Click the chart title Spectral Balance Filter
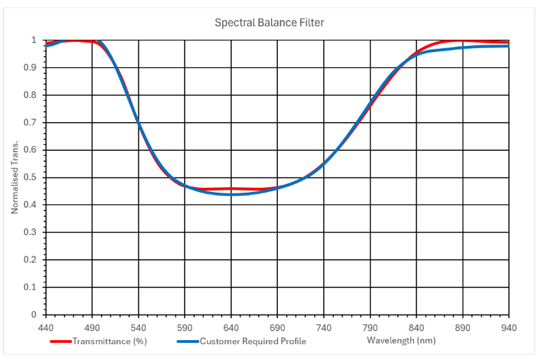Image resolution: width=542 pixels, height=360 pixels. pos(269,23)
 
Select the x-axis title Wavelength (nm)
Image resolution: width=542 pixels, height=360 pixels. pos(401,340)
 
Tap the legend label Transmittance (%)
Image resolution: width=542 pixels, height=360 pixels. pos(110,341)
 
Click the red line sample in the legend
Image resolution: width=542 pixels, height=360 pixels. pos(61,341)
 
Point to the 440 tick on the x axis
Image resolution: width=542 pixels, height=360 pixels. pos(46,327)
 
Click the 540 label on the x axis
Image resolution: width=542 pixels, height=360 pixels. pos(139,327)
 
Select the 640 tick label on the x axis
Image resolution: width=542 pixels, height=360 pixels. pos(231,327)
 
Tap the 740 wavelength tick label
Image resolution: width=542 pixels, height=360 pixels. pos(324,327)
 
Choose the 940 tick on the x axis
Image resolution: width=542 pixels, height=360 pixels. pos(508,327)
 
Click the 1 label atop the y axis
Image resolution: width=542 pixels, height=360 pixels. pos(34,40)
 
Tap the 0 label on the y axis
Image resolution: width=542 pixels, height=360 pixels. pos(34,315)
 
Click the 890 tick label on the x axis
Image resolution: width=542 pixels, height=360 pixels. pos(462,327)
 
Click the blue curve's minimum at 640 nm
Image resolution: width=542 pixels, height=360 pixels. pos(231,194)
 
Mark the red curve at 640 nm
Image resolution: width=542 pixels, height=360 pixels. pos(231,189)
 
